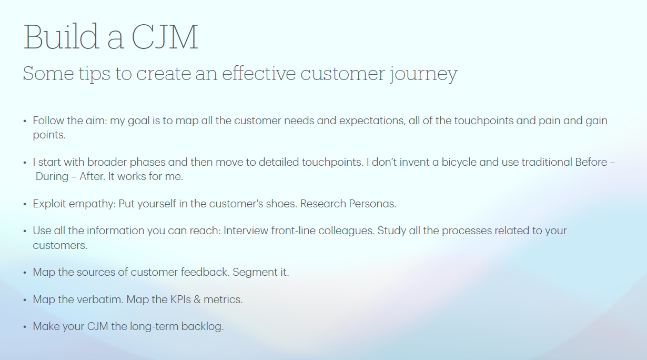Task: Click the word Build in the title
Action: pos(61,36)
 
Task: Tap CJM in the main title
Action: pos(165,37)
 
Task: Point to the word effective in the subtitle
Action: pos(259,73)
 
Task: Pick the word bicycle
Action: pos(459,163)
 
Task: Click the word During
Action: pos(52,176)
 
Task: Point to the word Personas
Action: pos(372,204)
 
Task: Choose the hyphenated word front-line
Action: pos(293,231)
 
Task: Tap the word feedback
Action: pos(205,272)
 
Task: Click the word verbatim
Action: pos(100,299)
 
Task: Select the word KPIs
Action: pos(180,299)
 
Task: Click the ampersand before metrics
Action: pos(197,299)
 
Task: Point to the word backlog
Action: pos(203,326)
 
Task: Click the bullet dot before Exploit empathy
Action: pos(25,204)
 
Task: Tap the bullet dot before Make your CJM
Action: pos(25,327)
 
